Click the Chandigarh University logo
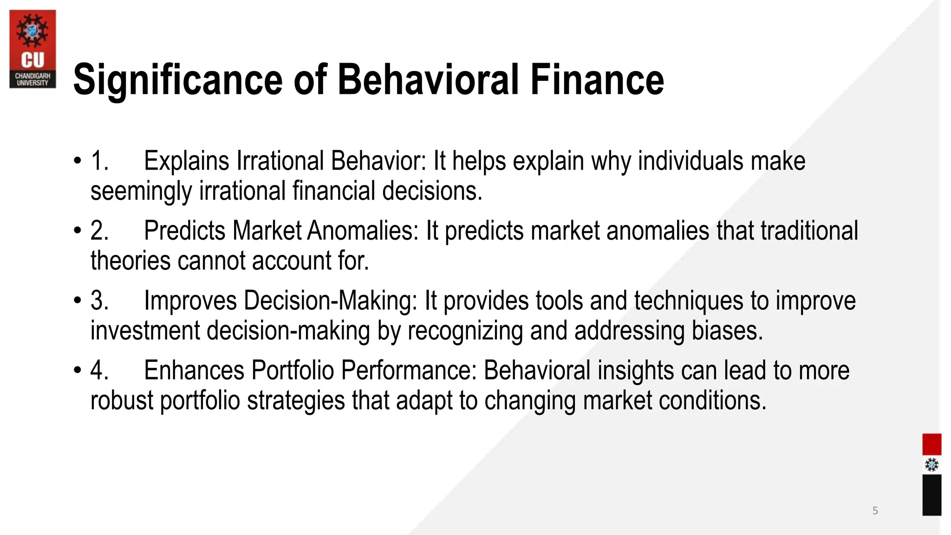click(33, 49)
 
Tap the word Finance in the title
click(597, 80)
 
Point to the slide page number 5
click(875, 511)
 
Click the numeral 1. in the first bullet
click(99, 161)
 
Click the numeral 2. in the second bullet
click(99, 231)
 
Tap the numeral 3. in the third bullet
click(99, 300)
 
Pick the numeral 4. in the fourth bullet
click(99, 371)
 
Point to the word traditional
click(809, 231)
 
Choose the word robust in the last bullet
click(121, 400)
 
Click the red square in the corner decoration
click(931, 444)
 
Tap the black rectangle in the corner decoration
click(931, 495)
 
